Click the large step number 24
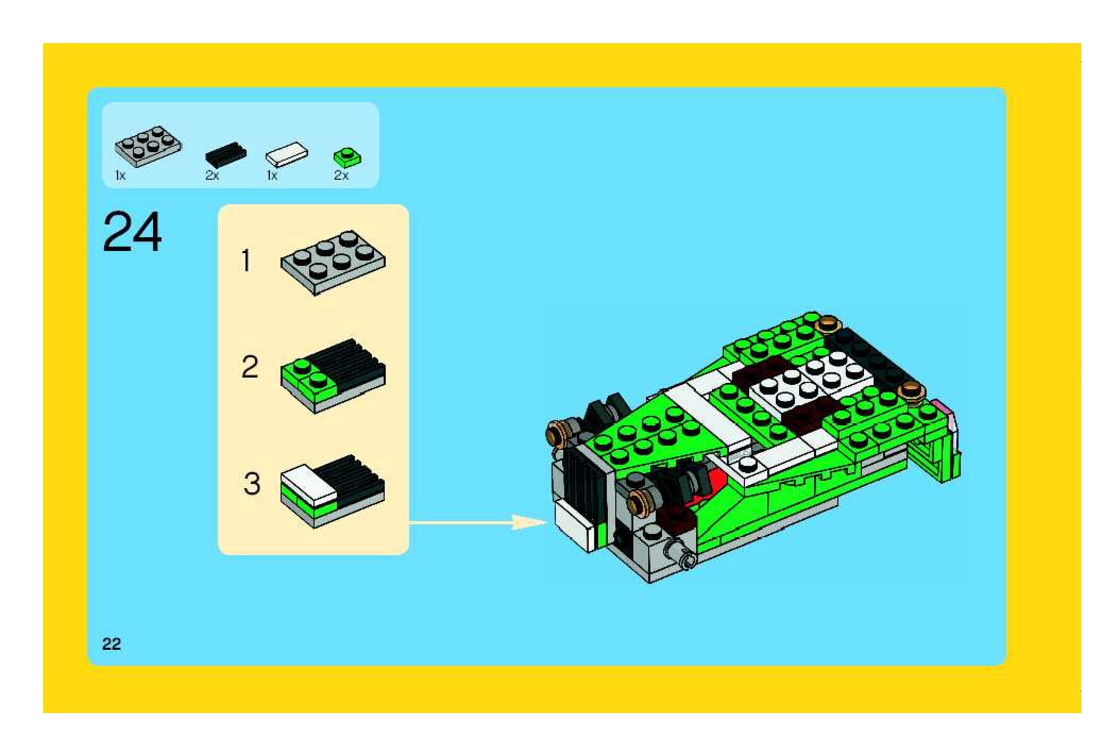coord(132,232)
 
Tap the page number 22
coord(112,644)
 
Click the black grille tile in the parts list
coord(226,153)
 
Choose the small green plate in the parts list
coord(347,157)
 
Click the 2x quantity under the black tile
coord(212,175)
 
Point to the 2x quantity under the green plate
coord(341,175)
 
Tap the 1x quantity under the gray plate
coord(120,175)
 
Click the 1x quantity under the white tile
coord(272,175)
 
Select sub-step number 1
coord(245,261)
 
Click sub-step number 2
coord(250,367)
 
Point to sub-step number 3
coord(251,483)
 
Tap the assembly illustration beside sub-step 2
coord(333,376)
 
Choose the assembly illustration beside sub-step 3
coord(333,491)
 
